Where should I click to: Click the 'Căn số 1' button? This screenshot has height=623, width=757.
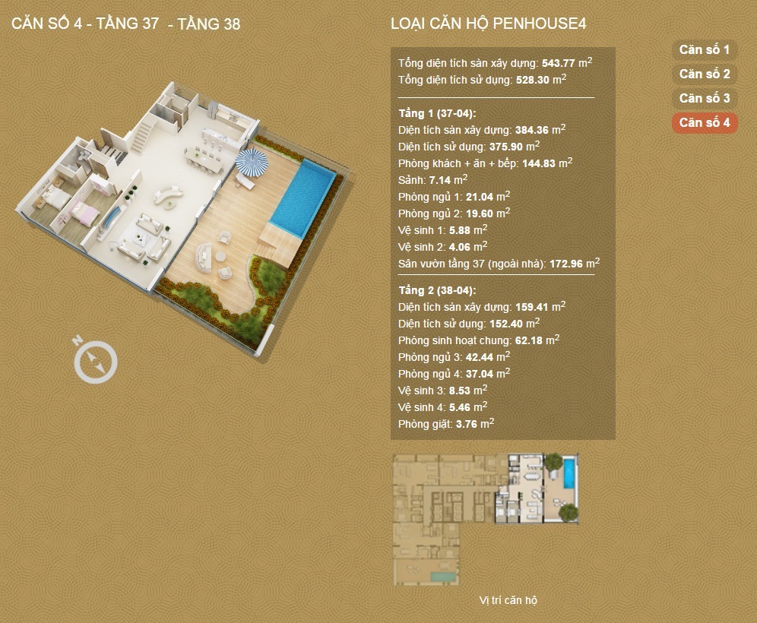click(x=705, y=49)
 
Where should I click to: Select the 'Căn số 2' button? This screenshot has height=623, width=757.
click(x=705, y=74)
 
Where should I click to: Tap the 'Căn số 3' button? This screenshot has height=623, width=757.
click(x=705, y=99)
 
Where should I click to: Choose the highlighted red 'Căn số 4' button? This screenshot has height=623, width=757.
click(x=705, y=122)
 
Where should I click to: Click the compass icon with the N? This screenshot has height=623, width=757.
click(x=95, y=360)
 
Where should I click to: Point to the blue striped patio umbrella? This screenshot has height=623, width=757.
click(x=251, y=162)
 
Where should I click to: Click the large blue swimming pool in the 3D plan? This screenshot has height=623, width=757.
click(x=302, y=198)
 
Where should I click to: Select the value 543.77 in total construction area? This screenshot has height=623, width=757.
click(x=558, y=63)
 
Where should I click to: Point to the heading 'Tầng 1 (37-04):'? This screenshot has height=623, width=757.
click(x=437, y=113)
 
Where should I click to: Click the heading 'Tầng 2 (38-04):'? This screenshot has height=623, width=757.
click(x=437, y=290)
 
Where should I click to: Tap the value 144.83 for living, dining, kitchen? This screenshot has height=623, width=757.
click(x=539, y=163)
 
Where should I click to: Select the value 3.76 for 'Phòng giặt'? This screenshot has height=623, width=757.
click(x=466, y=425)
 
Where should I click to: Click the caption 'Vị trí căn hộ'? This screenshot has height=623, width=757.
click(x=508, y=600)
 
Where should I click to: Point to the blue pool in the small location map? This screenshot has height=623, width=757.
click(x=569, y=473)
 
